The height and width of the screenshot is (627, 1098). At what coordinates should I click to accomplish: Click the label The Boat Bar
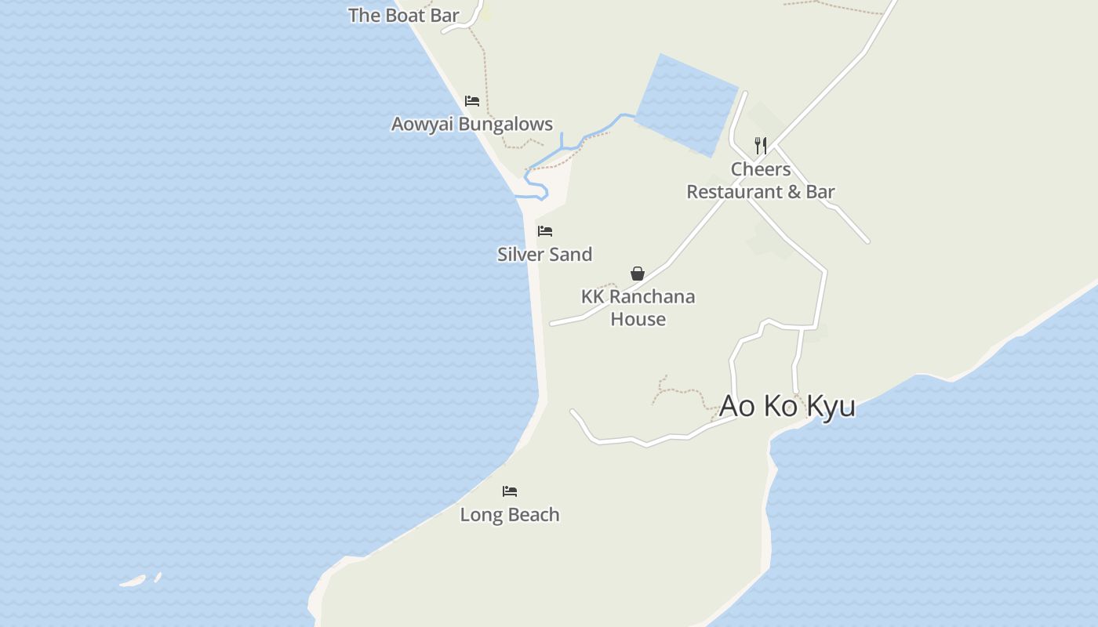(x=403, y=15)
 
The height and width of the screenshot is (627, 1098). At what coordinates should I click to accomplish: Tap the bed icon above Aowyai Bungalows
(x=472, y=101)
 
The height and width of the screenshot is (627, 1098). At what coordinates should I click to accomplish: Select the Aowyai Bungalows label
(x=471, y=124)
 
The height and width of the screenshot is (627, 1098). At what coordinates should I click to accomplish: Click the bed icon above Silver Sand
(x=545, y=231)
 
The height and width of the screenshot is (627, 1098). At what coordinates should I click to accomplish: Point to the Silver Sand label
(x=544, y=254)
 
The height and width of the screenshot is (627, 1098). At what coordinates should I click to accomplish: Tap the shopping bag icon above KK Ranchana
(x=638, y=274)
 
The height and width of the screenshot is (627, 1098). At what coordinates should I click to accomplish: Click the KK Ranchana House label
(x=638, y=307)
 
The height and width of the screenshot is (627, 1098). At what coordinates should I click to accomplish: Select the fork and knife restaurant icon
(x=761, y=146)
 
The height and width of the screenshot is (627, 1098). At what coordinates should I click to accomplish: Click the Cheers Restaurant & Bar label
(x=761, y=180)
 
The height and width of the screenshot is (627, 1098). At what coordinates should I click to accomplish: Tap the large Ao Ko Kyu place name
(x=787, y=406)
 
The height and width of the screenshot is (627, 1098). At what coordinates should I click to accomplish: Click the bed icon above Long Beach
(x=510, y=491)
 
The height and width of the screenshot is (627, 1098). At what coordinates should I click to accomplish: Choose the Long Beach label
(x=510, y=514)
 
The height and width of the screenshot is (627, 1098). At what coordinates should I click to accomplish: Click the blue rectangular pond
(x=687, y=105)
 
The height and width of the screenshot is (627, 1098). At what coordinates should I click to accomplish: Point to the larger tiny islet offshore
(x=133, y=582)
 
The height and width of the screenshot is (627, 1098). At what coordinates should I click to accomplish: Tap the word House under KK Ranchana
(x=638, y=319)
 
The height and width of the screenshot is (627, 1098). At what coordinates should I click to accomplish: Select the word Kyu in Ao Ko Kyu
(x=831, y=406)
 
